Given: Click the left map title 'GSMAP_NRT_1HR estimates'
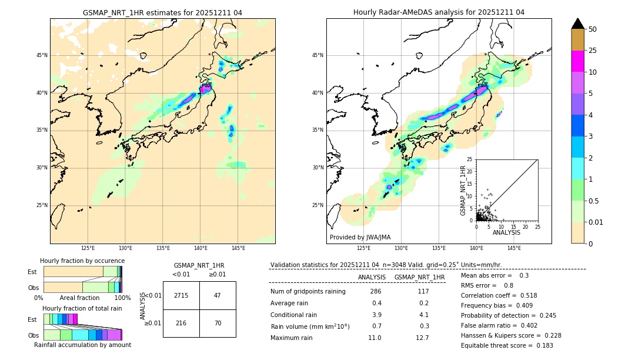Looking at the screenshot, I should coord(162,12).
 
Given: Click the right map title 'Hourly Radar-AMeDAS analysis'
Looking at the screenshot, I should coord(439,12).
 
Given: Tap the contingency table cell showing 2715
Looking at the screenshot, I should coord(181,295).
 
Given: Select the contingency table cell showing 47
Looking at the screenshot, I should coord(218,295).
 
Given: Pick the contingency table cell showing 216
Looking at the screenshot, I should coord(181,324).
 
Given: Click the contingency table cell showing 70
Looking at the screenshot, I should coord(218,324).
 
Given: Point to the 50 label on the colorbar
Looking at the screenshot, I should coord(593,29).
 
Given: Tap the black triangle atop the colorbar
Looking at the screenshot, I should coord(578,24).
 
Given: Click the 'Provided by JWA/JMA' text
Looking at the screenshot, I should coord(360,237).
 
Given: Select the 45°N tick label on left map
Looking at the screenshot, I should coord(42,55).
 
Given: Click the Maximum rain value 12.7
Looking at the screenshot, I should coord(422,338).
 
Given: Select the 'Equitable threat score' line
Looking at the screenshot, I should coord(507,345).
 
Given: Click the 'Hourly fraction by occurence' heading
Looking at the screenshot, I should coord(82,261).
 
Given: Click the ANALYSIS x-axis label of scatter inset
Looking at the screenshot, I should coord(506,232).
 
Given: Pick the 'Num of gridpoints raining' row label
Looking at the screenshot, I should coord(308,291).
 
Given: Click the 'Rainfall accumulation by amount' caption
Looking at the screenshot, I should coord(82,345).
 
